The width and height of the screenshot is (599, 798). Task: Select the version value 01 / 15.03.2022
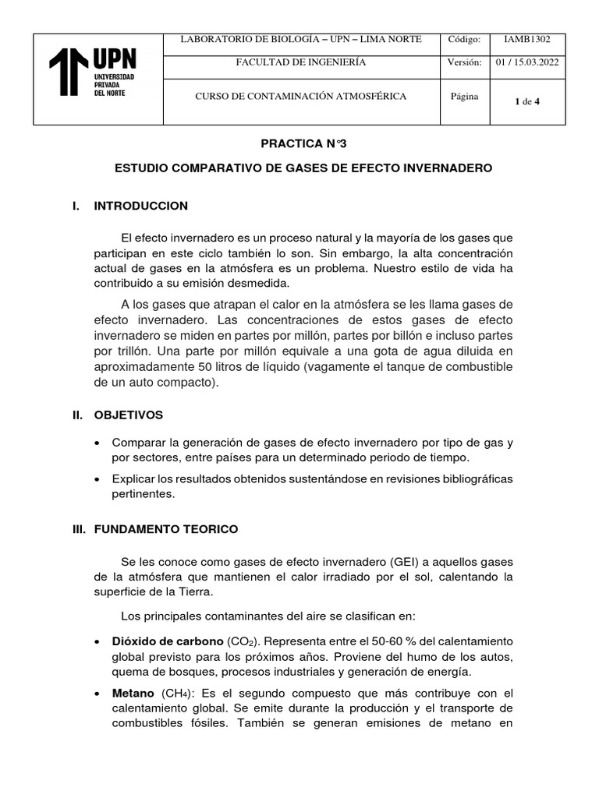(x=528, y=62)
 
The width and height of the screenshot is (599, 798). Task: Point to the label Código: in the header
(x=465, y=39)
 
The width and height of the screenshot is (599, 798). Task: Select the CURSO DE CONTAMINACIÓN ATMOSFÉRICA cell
(x=300, y=97)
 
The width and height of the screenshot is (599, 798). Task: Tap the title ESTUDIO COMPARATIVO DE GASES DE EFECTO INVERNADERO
(x=303, y=168)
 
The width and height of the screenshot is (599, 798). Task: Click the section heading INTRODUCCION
(x=140, y=206)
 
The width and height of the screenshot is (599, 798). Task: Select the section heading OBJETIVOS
(x=129, y=415)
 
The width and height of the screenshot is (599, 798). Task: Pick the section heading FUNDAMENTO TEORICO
(x=165, y=529)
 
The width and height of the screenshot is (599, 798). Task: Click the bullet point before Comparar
(x=97, y=442)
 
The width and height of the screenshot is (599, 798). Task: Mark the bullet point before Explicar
(x=97, y=478)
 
